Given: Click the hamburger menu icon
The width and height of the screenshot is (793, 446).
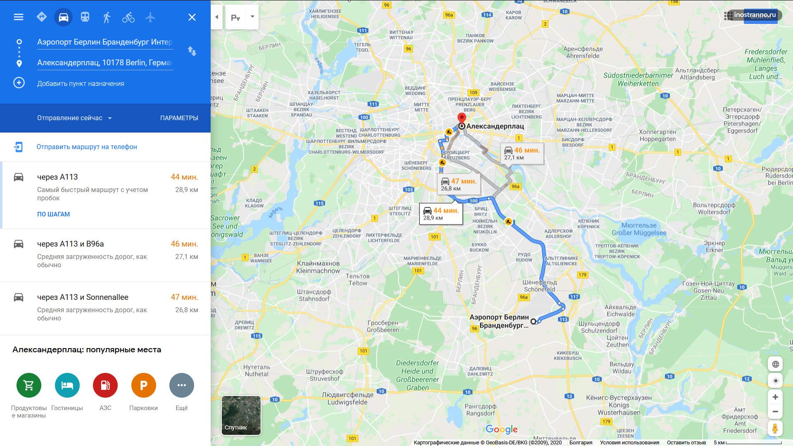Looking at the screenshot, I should click(19, 17).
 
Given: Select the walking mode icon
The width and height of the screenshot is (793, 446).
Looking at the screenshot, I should click(107, 17).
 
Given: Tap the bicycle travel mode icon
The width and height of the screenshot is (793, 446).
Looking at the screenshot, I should click(128, 17).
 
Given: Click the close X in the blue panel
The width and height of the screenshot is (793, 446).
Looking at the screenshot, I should click(192, 17).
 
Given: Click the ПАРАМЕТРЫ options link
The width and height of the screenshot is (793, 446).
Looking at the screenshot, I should click(179, 118).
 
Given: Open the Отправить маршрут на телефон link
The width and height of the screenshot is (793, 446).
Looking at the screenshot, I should click(87, 147).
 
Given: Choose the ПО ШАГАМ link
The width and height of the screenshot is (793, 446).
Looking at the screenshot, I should click(53, 214).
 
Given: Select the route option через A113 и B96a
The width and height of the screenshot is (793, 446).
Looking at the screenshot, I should click(70, 244).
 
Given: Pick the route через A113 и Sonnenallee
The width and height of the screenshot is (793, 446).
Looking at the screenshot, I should click(83, 297).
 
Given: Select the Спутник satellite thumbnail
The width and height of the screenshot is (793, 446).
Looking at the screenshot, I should click(241, 415).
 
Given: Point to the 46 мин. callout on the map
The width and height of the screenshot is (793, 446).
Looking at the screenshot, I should click(522, 154).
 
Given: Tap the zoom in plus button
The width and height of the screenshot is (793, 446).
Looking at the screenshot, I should click(775, 397).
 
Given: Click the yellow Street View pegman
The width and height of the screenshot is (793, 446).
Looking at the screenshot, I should click(775, 428).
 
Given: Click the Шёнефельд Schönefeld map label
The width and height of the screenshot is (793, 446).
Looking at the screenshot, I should click(539, 286).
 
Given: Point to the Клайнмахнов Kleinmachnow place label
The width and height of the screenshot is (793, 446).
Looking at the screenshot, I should click(318, 267).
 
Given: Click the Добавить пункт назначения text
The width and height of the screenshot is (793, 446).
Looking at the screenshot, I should click(81, 84).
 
